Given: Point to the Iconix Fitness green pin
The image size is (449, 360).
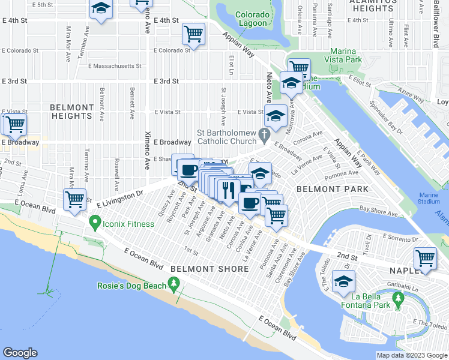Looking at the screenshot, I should click(x=94, y=224).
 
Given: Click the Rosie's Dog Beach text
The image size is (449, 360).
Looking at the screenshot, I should click(x=131, y=286).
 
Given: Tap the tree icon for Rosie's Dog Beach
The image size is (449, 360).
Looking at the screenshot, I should click(x=175, y=283).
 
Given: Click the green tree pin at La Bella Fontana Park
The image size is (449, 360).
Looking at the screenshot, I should click(x=397, y=298).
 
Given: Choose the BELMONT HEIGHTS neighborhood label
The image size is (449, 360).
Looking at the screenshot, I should click(x=72, y=112).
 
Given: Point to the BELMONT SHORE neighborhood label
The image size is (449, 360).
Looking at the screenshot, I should click(x=209, y=269).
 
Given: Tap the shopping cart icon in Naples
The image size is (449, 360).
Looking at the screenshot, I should click(x=426, y=259).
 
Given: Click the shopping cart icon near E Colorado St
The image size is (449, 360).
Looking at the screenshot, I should click(x=194, y=34).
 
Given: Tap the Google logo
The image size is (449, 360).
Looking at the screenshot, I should click(x=20, y=353).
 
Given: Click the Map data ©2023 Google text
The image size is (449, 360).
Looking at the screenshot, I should click(x=411, y=355).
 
